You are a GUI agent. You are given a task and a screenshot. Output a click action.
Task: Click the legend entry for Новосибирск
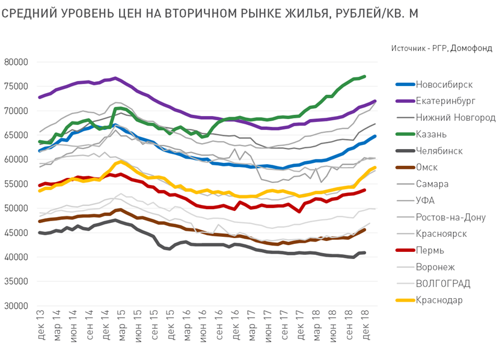coord(444,84)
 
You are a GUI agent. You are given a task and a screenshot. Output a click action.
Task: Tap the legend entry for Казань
coord(432,134)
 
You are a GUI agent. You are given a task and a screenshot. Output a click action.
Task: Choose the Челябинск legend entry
coord(439,151)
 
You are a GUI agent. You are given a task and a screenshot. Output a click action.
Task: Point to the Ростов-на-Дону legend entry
coord(450,217)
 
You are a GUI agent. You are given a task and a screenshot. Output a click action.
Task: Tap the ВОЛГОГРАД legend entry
coord(442,284)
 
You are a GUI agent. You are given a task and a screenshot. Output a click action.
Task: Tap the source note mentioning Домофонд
coord(442,48)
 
